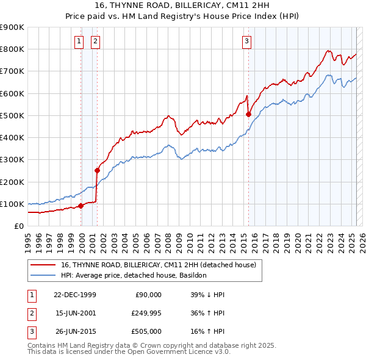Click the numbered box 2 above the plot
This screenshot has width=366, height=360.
click(96, 41)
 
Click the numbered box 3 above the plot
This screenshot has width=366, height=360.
click(246, 41)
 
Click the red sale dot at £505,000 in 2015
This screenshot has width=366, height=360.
click(249, 114)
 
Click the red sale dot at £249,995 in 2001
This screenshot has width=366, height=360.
click(97, 170)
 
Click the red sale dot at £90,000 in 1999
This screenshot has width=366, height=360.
click(81, 206)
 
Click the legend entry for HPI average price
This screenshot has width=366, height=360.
click(134, 275)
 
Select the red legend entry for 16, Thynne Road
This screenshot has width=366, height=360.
click(159, 265)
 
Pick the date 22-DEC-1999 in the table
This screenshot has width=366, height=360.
click(75, 295)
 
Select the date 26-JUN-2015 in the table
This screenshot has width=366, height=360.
click(75, 333)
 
